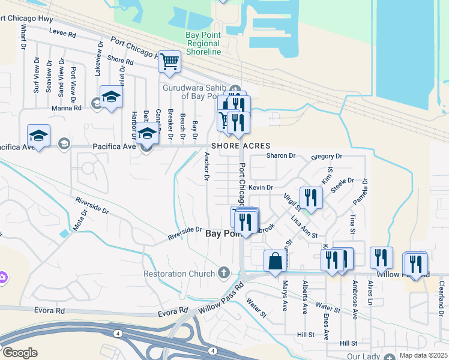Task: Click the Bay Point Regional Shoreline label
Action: tap(203, 44)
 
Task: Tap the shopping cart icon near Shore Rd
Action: tap(169, 61)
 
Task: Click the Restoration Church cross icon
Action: tap(224, 274)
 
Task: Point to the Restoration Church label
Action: tap(178, 274)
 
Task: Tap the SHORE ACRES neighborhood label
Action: tap(240, 146)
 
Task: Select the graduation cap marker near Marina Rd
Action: tap(112, 97)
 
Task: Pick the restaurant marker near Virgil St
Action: tap(311, 197)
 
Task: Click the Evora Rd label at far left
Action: tap(52, 311)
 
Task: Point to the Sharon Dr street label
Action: tap(281, 156)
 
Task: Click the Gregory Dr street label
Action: tap(326, 157)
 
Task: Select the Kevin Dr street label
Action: tap(261, 188)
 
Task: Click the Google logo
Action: tap(20, 353)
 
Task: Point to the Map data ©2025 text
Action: tap(423, 355)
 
